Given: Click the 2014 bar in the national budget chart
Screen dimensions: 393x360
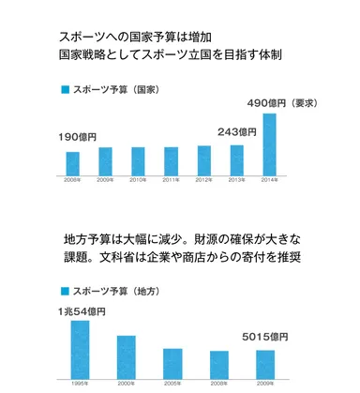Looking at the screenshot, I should [270, 145].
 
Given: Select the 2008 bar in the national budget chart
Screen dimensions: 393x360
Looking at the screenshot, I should [72, 163].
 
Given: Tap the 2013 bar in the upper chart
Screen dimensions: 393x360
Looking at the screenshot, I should [237, 160].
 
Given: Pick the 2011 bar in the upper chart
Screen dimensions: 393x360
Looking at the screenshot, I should [171, 161].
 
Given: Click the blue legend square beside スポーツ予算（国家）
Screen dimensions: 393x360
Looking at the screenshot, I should [65, 89].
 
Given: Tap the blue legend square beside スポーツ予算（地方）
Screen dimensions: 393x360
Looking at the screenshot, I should [65, 290].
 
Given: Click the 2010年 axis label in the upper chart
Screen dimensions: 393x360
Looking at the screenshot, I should [138, 181].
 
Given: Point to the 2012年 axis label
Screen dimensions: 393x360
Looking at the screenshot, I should [203, 181].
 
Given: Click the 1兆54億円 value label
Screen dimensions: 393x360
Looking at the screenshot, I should [80, 310].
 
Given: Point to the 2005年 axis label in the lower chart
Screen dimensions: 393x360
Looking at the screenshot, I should [172, 382].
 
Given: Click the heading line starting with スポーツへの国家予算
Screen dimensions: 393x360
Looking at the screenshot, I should [144, 37].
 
